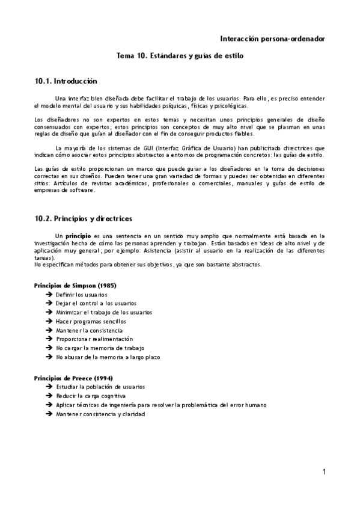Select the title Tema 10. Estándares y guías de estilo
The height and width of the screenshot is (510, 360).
180,55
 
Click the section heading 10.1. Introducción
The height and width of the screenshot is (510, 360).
66,81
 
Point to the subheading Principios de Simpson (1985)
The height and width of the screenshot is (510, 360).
76,285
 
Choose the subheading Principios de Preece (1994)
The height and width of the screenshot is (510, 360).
74,378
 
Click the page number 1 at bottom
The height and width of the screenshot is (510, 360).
324,472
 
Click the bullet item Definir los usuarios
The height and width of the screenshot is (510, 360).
81,295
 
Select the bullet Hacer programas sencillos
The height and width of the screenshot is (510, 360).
87,321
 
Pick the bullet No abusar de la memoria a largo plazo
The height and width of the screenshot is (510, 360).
108,357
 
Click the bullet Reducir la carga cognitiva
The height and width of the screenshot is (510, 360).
90,396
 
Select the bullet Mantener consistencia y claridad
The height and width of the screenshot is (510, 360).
96,414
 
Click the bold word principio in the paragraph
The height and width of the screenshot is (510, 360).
78,236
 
